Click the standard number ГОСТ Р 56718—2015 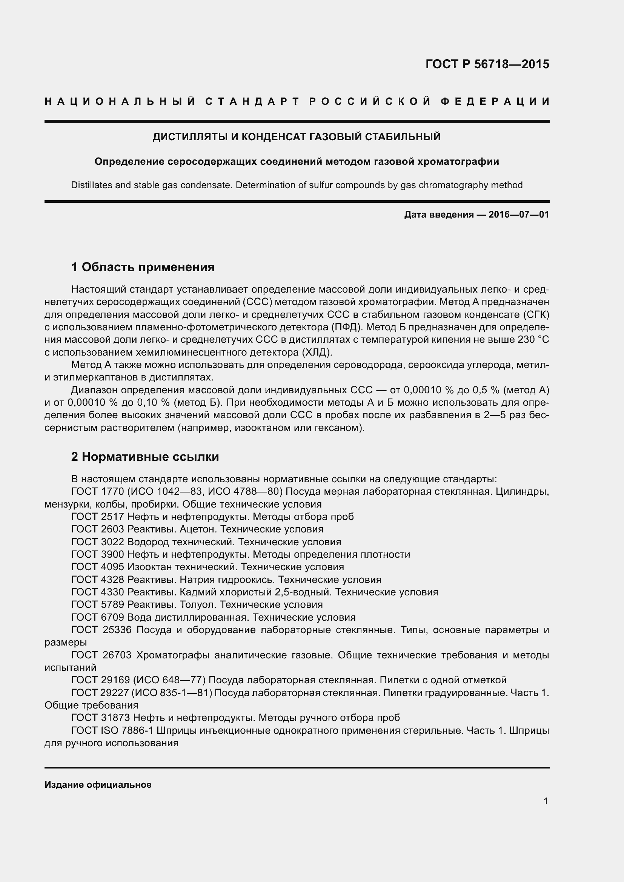(487, 64)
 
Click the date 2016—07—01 (518, 214)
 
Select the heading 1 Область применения (143, 267)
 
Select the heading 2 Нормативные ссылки (145, 456)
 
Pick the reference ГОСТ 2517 (97, 517)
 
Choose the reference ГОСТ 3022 (97, 542)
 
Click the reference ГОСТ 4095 (97, 567)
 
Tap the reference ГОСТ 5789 (97, 604)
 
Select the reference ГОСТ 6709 (97, 617)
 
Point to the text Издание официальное (98, 785)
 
